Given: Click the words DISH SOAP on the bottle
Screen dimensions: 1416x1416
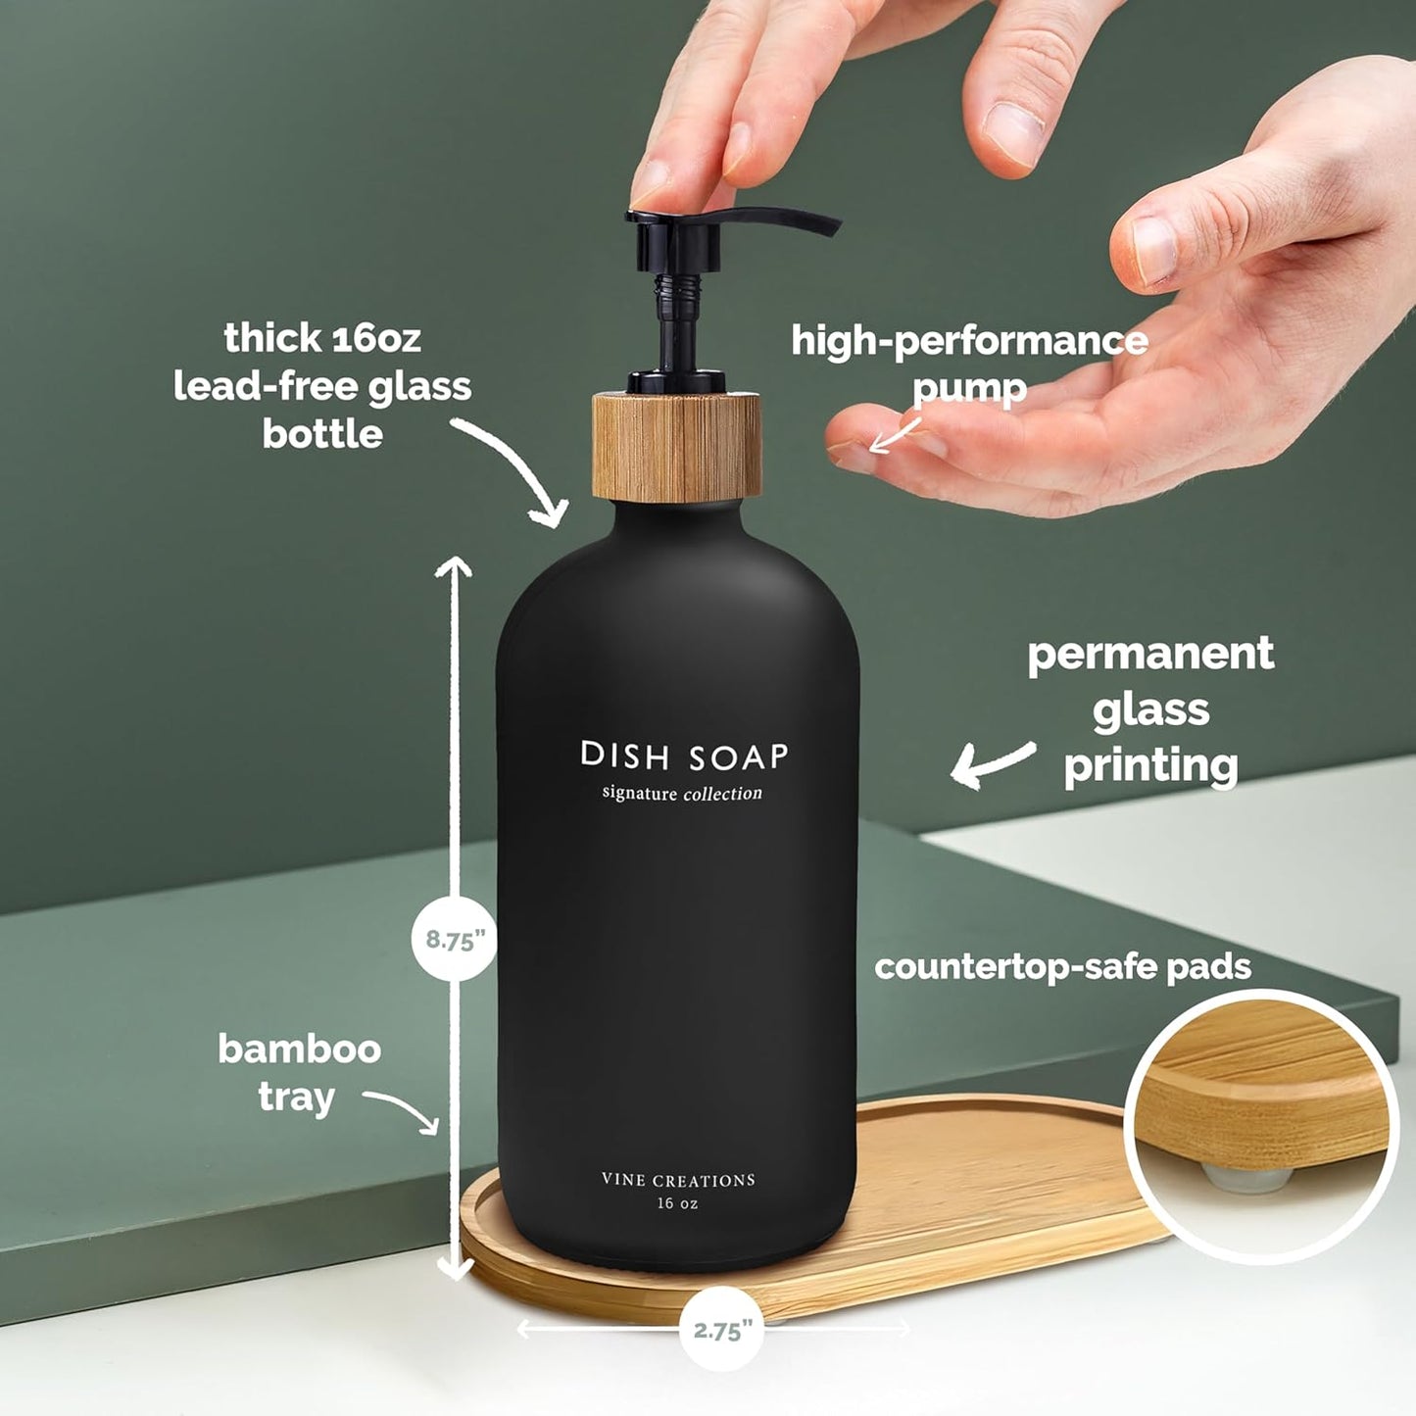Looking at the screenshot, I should pos(684,757).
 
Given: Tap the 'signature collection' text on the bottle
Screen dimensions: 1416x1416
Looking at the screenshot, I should pos(682,793).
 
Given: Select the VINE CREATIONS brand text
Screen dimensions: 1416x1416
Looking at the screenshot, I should pos(678,1181).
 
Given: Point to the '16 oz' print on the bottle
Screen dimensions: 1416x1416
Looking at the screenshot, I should pos(678,1203).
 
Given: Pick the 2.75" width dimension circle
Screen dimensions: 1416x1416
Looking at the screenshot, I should pos(722,1331).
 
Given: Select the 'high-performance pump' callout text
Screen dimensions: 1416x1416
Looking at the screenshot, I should pos(969,364).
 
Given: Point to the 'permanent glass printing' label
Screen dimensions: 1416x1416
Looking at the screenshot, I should pos(1150,709).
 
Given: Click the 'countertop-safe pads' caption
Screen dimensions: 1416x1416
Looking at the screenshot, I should pos(1062,967).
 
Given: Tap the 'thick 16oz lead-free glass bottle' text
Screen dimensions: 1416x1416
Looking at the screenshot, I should pos(322,386).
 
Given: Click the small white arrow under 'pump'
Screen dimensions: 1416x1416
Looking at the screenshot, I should pos(894,437).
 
